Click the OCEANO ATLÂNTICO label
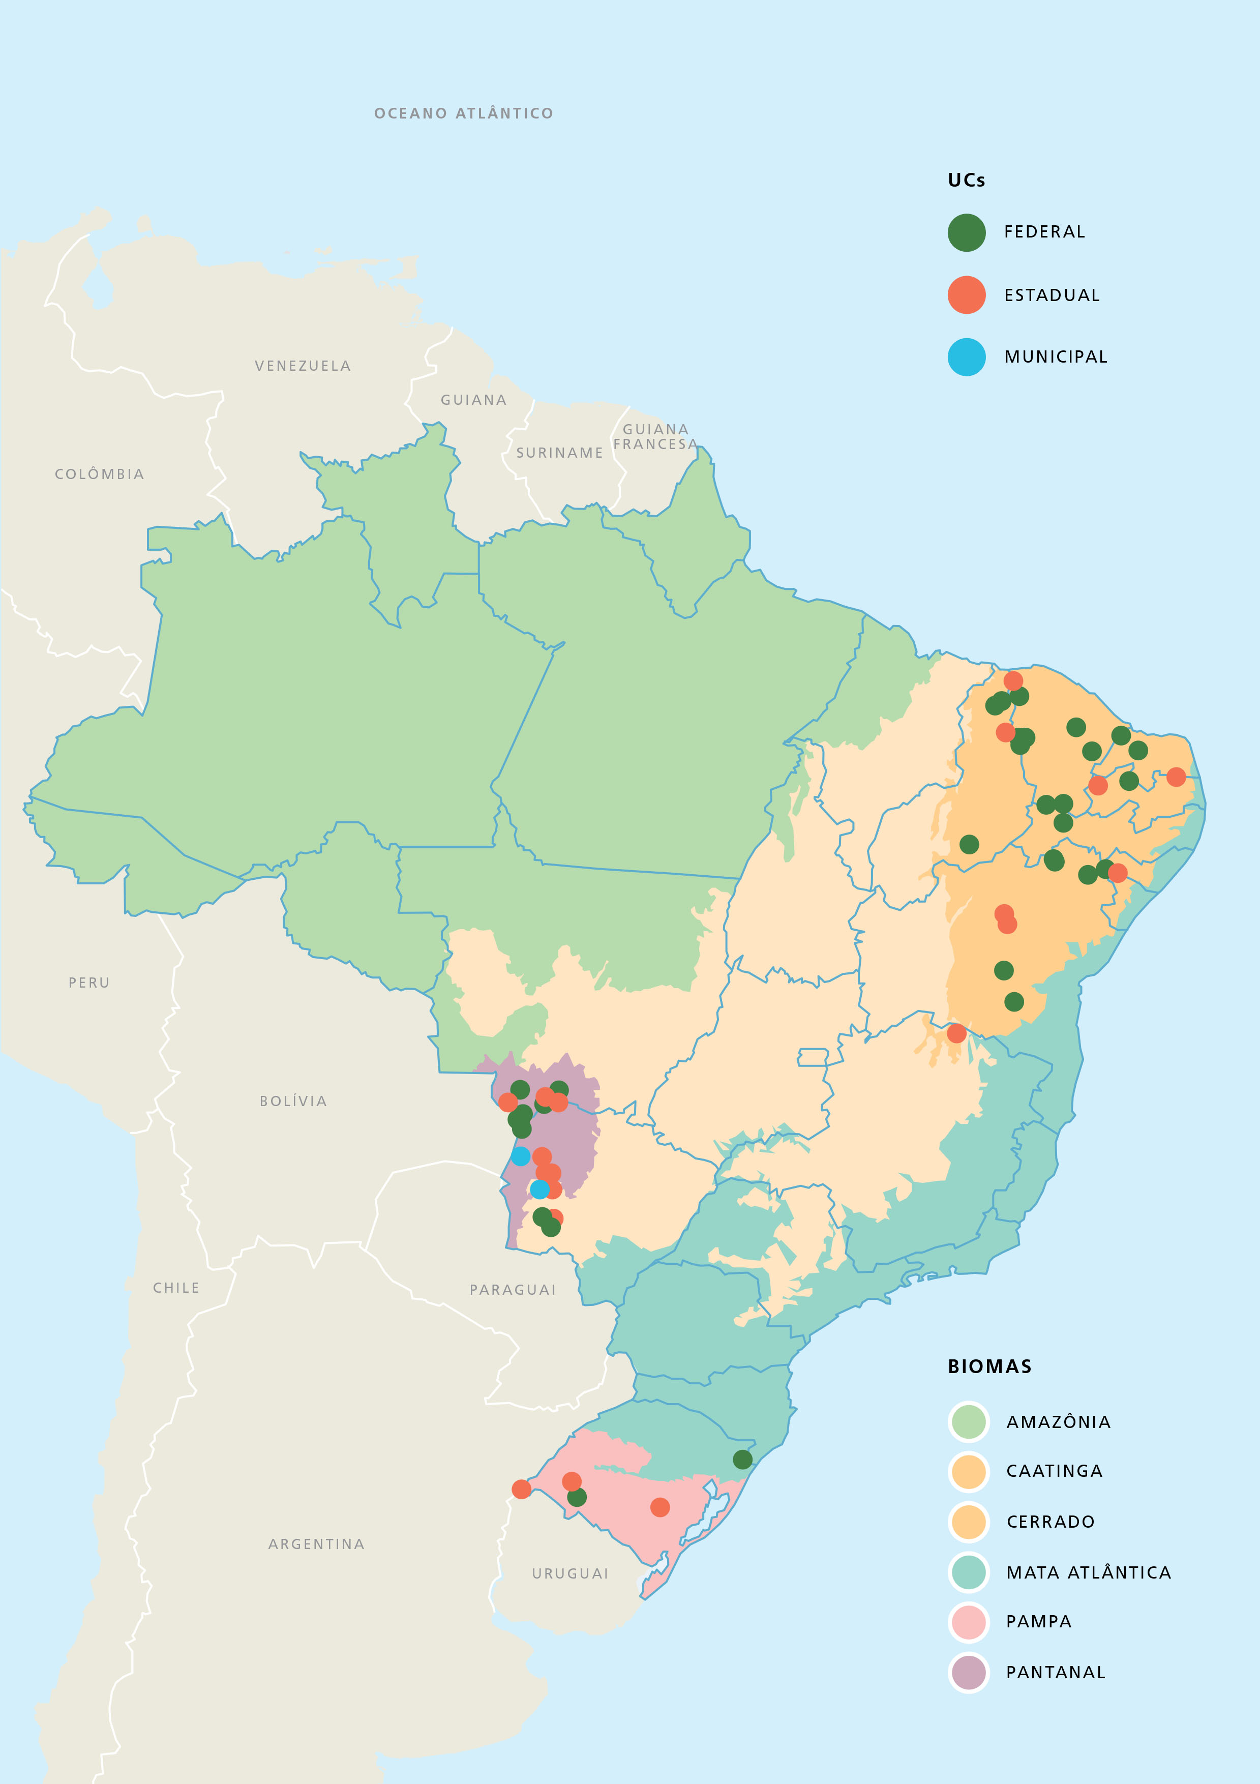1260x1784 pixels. pos(464,113)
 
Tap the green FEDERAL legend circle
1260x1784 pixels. pos(967,232)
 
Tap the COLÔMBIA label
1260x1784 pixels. pos(100,474)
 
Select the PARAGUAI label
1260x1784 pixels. pos(513,1290)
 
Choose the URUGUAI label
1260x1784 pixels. pos(570,1573)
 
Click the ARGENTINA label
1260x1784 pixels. pos(316,1544)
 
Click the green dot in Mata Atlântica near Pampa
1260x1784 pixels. pos(743,1459)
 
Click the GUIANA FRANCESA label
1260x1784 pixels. pos(655,437)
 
